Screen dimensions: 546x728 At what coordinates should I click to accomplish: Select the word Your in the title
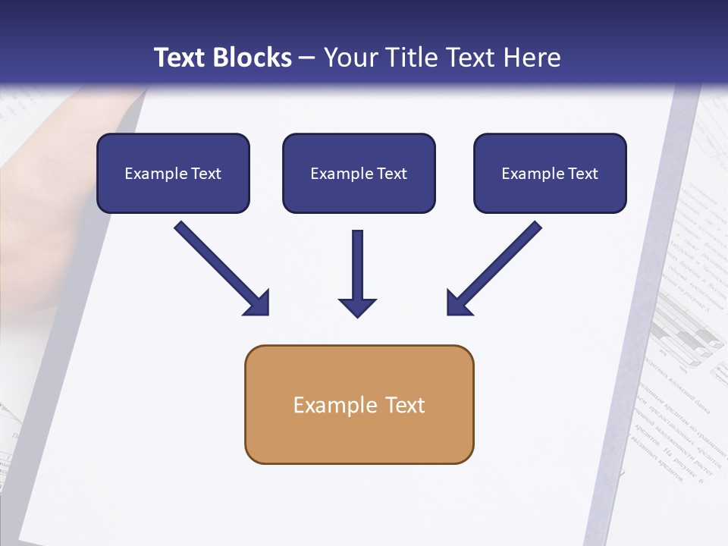[x=352, y=58]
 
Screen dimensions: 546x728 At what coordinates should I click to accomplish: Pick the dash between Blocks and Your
[x=307, y=58]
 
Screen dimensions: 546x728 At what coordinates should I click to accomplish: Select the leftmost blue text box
[x=173, y=173]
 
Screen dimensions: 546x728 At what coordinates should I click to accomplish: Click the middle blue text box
[x=359, y=173]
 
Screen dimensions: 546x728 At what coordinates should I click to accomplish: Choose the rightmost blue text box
[x=550, y=173]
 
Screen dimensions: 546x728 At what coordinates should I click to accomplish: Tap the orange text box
[x=359, y=404]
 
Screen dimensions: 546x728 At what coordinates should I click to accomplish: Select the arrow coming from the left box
[x=221, y=268]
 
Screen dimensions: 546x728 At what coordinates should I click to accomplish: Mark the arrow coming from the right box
[x=494, y=268]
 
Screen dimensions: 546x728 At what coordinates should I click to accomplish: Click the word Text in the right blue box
[x=583, y=174]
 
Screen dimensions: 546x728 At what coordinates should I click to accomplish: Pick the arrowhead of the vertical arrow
[x=357, y=306]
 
